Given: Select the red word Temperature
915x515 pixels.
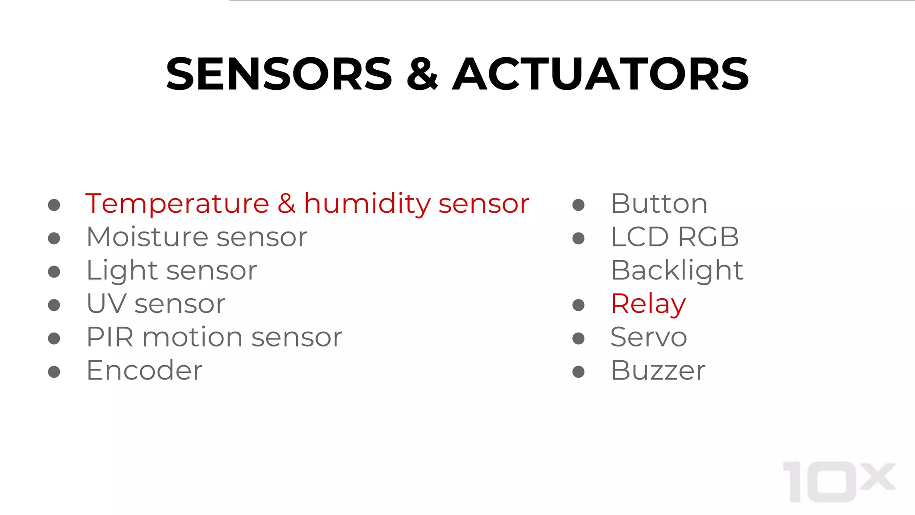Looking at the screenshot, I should pos(177,204).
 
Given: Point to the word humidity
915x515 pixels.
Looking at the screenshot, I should pos(367,204).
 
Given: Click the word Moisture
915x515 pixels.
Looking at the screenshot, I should pos(147,237).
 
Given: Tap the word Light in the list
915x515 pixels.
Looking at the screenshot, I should pos(122,271).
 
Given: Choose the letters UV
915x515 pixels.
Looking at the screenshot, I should pos(106,304).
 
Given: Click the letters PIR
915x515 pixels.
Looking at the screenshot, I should pos(110,337).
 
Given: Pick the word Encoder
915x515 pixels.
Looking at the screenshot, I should pos(144,371).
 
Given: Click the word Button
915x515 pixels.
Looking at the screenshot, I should pos(659,204).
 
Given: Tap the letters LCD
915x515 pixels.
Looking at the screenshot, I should pos(639,237).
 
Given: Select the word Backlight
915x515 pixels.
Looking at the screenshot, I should pos(677,271).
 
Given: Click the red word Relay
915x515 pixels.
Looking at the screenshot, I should pos(648,304).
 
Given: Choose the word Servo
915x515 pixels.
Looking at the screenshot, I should pos(649,337).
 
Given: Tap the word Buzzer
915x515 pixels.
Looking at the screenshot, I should pos(658,371).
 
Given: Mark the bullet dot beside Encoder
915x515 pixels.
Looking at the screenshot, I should pos(54,372).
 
